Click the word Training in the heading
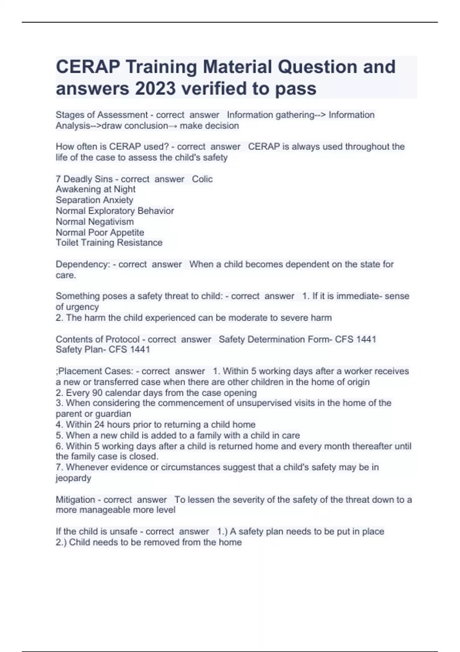(161, 67)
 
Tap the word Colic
(202, 179)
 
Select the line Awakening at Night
(95, 189)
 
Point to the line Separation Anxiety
(94, 200)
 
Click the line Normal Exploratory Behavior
(115, 211)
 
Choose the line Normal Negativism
(95, 221)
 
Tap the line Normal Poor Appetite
(100, 232)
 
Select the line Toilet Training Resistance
(109, 242)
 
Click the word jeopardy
(73, 478)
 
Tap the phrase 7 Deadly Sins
(84, 179)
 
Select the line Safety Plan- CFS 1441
(103, 349)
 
